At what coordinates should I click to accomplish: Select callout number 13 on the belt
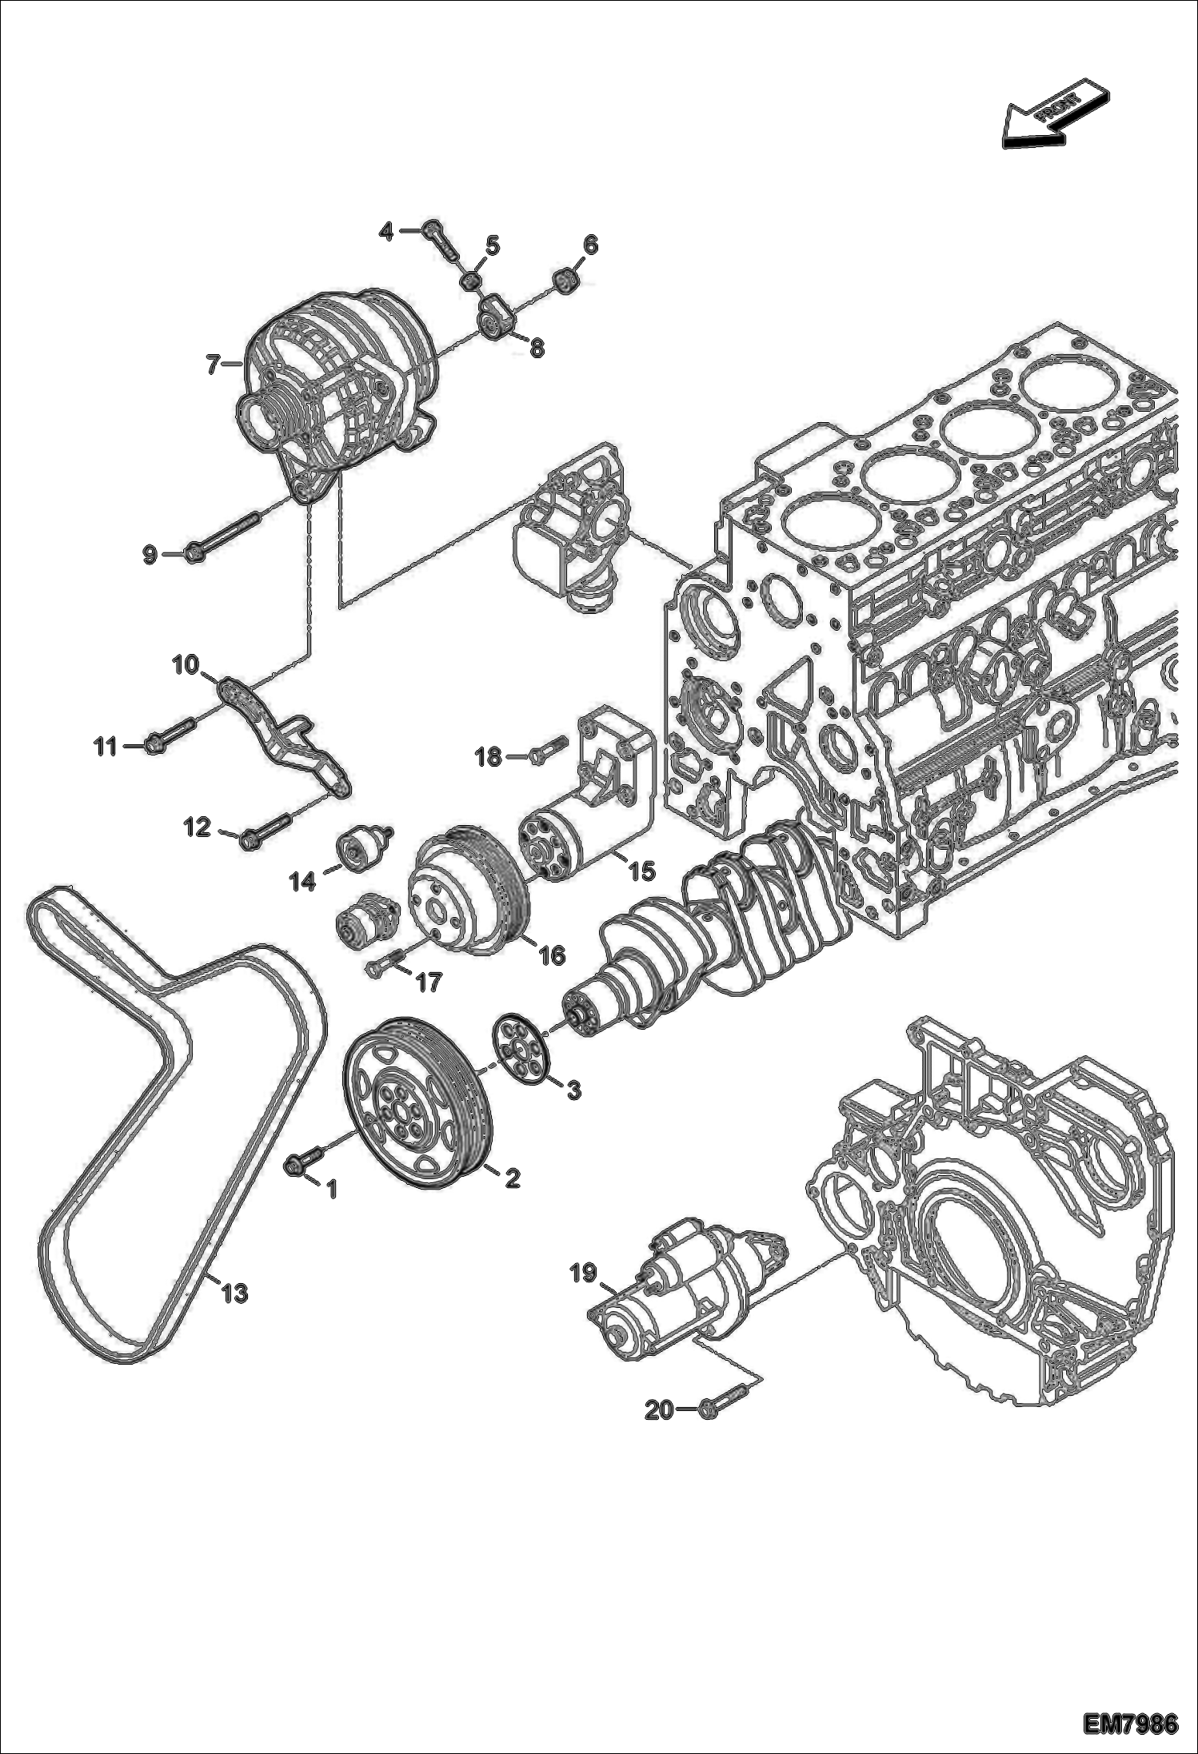tap(234, 1293)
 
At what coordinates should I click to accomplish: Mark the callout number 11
tap(105, 747)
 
